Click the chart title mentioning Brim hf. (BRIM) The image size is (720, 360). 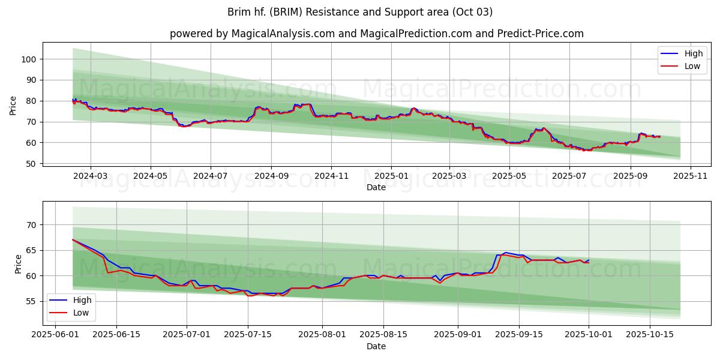(x=360, y=12)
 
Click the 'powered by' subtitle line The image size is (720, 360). (x=376, y=34)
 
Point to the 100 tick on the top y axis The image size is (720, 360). (x=30, y=59)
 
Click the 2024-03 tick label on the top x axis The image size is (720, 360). (x=91, y=176)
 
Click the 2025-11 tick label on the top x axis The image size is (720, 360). (x=691, y=176)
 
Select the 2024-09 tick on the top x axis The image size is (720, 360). (x=271, y=176)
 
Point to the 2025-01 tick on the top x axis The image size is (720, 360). (x=391, y=176)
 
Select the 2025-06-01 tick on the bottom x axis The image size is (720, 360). (x=55, y=335)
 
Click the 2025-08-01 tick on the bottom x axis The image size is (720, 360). (x=322, y=335)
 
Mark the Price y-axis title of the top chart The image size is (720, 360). (x=13, y=105)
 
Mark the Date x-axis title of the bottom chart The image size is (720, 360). (x=376, y=346)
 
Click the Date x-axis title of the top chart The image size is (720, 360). (x=376, y=187)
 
